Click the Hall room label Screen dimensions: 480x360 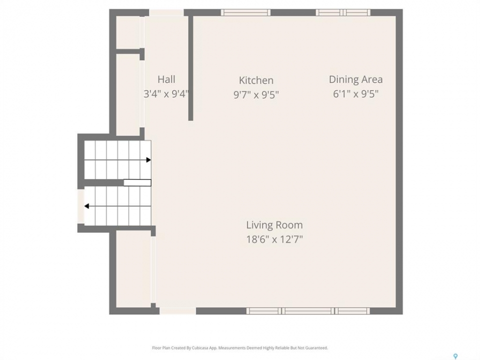pos(166,79)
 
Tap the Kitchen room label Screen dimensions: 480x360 pos(256,80)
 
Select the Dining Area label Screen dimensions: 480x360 pos(355,79)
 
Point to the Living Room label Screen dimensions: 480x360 pos(274,224)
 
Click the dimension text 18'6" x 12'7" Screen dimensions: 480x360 pos(274,239)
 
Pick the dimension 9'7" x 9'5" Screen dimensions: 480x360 pos(256,94)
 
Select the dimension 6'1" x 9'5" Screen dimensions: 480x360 pos(355,93)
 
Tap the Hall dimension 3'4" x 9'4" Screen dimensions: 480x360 pos(166,93)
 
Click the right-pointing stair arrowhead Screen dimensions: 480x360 pos(148,160)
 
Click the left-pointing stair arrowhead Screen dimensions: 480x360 pos(86,206)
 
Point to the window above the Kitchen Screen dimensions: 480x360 pos(245,12)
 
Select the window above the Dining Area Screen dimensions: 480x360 pos(343,12)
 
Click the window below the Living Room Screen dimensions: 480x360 pos(308,311)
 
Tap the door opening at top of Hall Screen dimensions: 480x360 pos(166,12)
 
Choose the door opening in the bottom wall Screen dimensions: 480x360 pos(177,311)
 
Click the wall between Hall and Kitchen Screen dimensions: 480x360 pos(190,68)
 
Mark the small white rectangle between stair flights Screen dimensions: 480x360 pos(137,183)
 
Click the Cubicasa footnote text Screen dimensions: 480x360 pos(240,348)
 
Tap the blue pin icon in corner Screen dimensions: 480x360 pos(455,356)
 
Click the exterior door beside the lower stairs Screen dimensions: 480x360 pos(81,206)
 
